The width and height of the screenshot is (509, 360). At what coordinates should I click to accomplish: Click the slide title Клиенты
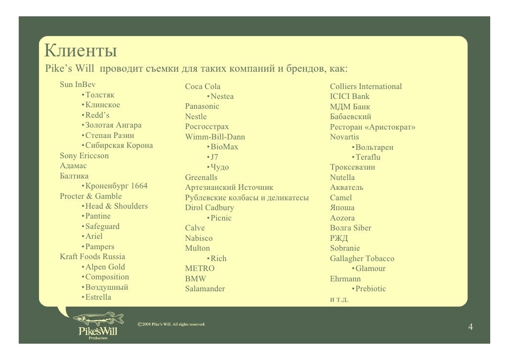tap(80, 51)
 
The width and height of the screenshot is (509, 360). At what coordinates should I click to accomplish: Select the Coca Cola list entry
tap(203, 87)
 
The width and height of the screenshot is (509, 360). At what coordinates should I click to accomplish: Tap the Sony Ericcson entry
tap(84, 156)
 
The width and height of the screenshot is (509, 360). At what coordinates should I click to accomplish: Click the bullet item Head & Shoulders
tap(117, 206)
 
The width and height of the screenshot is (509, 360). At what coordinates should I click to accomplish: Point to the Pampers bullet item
tap(100, 247)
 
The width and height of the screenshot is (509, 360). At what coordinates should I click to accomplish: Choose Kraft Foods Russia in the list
tap(92, 257)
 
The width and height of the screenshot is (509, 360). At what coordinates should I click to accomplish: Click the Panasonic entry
tap(202, 106)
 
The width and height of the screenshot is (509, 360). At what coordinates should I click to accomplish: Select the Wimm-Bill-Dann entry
tap(215, 137)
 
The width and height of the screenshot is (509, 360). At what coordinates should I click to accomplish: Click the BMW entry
tap(195, 278)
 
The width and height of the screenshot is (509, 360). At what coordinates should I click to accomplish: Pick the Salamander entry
tap(205, 289)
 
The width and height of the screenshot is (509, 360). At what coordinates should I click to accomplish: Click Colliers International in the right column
tap(366, 87)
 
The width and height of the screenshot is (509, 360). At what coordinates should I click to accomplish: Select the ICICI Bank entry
tap(349, 96)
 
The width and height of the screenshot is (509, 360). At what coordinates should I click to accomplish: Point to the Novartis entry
tap(344, 137)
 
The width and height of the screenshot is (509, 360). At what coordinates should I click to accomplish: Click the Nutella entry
tap(342, 178)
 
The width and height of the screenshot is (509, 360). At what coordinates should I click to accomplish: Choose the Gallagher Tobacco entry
tap(362, 259)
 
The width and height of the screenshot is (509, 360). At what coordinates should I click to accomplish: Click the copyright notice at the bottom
tap(170, 324)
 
